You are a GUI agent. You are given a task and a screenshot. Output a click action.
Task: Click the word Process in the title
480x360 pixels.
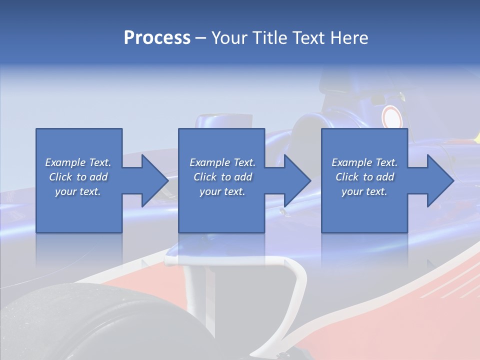pyautogui.click(x=157, y=38)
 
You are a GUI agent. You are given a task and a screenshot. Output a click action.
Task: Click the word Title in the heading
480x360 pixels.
pyautogui.click(x=270, y=38)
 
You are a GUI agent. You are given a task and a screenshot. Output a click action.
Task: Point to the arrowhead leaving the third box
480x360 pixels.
pyautogui.click(x=439, y=180)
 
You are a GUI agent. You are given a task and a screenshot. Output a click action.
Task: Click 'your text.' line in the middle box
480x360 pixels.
pyautogui.click(x=222, y=191)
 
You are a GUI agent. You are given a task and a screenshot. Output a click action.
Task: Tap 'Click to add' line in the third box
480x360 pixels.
pyautogui.click(x=364, y=177)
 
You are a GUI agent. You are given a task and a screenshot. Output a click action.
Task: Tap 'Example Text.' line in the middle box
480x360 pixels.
pyautogui.click(x=222, y=162)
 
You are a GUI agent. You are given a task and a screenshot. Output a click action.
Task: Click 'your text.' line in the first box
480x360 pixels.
pyautogui.click(x=78, y=191)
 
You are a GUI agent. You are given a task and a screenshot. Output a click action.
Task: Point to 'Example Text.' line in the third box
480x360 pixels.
pyautogui.click(x=364, y=162)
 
